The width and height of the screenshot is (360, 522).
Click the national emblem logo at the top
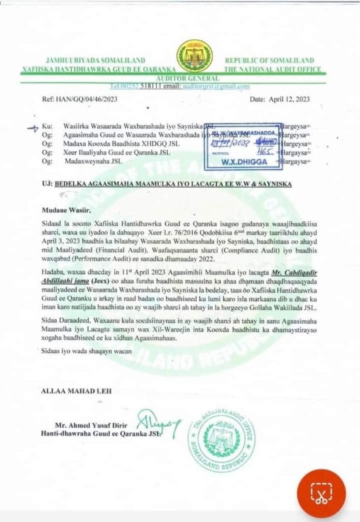click(195, 57)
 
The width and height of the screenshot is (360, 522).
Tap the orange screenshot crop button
click(321, 493)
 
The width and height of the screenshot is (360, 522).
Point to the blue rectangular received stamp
click(243, 146)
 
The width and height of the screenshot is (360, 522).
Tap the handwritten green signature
click(159, 422)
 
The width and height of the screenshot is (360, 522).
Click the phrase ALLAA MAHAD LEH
click(74, 391)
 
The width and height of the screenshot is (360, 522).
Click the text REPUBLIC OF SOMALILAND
click(269, 60)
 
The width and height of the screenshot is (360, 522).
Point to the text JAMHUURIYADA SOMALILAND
click(96, 60)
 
